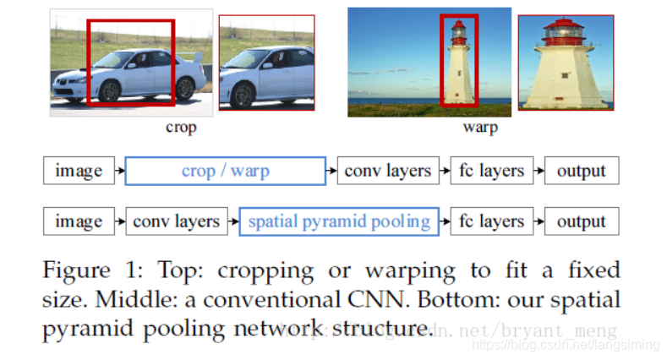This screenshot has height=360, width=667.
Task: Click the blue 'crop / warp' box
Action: (x=225, y=171)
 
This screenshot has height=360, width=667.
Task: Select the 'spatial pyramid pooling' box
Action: (x=339, y=221)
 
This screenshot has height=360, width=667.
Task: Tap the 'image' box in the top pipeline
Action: (x=79, y=171)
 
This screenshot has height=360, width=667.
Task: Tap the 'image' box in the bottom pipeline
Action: (x=79, y=221)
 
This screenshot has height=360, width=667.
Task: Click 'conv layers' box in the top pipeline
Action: (x=388, y=171)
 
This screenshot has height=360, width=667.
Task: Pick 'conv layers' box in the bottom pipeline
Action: (x=177, y=221)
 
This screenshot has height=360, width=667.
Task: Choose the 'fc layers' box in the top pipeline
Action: (x=492, y=171)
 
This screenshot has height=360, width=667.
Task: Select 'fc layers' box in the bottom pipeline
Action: (x=492, y=221)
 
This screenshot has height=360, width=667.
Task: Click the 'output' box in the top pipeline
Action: (x=582, y=171)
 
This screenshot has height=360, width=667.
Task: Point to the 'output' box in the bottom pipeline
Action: (x=582, y=221)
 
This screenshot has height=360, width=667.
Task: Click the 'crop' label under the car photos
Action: (x=181, y=128)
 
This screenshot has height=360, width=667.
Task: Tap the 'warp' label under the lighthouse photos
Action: (x=479, y=128)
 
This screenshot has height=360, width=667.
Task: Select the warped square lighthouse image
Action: (x=566, y=63)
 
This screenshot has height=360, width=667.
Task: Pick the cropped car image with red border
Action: (x=266, y=63)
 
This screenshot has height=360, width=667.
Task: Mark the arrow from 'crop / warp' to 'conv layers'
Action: (x=331, y=171)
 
